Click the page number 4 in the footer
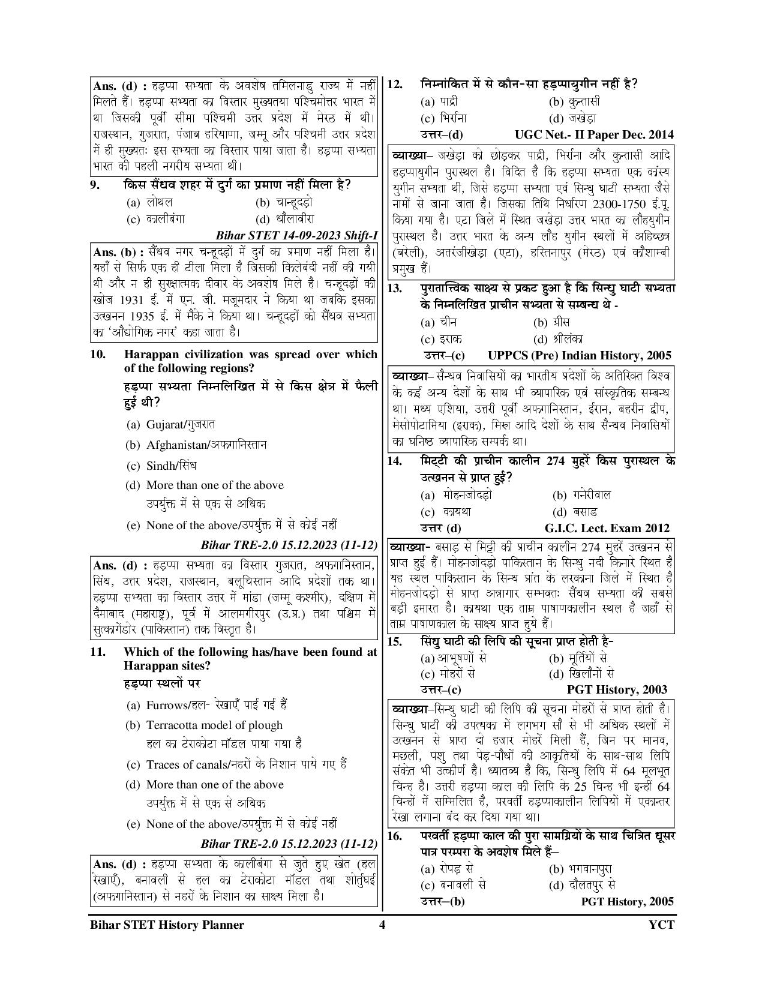382,925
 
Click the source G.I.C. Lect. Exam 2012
607,529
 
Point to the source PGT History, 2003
617,689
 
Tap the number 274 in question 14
558,461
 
